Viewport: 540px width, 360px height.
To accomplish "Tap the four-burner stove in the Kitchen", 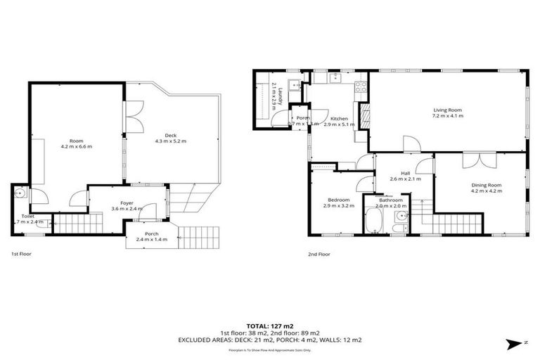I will [x=361, y=88].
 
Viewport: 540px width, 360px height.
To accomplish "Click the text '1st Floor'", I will [x=21, y=253].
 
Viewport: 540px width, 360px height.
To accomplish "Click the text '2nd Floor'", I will [x=319, y=253].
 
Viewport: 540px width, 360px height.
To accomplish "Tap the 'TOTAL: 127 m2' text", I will [x=269, y=326].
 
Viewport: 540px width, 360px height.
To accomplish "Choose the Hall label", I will [x=405, y=174].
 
